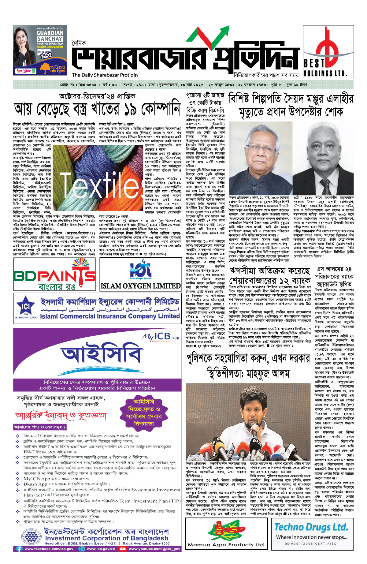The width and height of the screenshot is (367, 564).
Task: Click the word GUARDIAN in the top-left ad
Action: coord(50,33)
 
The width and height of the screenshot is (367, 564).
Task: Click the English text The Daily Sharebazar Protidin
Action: coord(105,75)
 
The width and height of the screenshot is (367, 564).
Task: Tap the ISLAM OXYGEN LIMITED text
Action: coord(140,286)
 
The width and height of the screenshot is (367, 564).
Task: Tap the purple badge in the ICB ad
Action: coord(144,413)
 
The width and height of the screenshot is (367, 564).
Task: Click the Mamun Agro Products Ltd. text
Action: coord(226,544)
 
